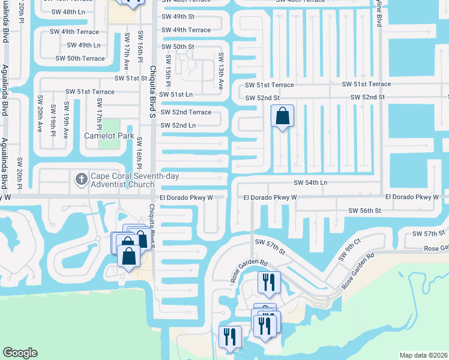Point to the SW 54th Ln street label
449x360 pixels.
pyautogui.click(x=315, y=182)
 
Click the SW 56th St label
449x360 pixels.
pyautogui.click(x=365, y=211)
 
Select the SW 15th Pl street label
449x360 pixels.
pyautogui.click(x=169, y=71)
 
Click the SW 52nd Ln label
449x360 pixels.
pyautogui.click(x=178, y=125)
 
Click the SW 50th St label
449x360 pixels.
pyautogui.click(x=178, y=46)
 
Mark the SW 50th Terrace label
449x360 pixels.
pyautogui.click(x=80, y=58)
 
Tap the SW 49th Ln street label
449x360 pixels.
pyautogui.click(x=83, y=45)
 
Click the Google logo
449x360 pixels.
pyautogui.click(x=20, y=353)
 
